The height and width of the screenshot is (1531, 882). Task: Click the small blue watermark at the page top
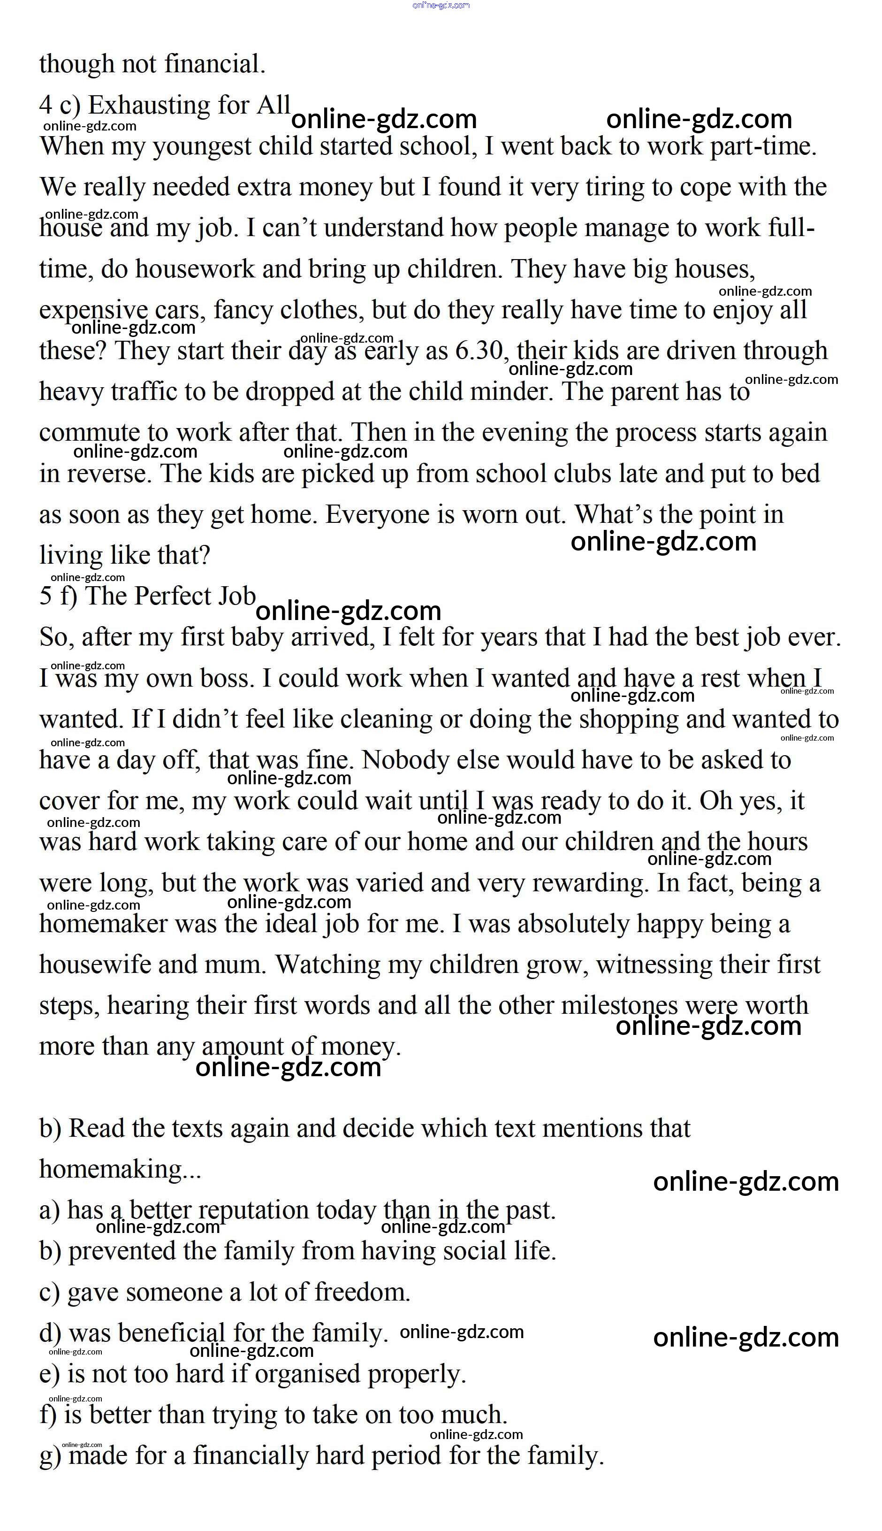coord(441,6)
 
